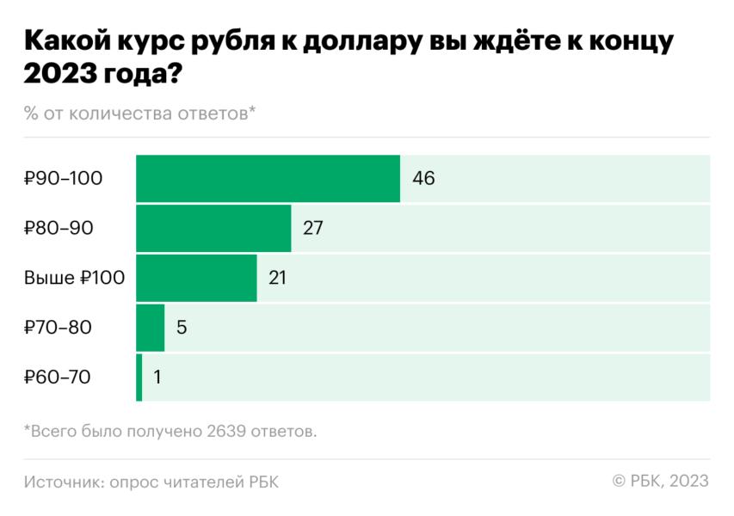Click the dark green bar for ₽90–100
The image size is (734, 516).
pos(268,179)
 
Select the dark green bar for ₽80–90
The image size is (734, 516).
pos(213,229)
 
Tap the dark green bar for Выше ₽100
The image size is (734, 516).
pos(196,278)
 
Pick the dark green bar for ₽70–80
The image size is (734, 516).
pos(150,328)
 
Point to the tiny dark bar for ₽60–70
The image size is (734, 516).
pos(139,377)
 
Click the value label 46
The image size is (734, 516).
pos(423,179)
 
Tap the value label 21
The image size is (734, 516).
pos(276,278)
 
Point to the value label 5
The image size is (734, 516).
pos(182,328)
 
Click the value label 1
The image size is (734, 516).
pos(157,377)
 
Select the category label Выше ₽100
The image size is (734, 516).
pos(75,278)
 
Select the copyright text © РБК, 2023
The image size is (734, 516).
pos(660,482)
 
